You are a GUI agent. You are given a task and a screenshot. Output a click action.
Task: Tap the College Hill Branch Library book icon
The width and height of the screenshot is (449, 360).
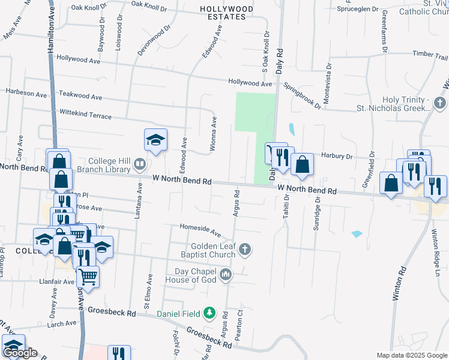pos(139,163)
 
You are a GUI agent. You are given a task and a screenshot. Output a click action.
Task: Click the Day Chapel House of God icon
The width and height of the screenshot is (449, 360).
pos(226,275)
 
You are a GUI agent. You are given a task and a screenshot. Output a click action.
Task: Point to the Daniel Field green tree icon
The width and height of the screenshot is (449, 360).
pos(209,313)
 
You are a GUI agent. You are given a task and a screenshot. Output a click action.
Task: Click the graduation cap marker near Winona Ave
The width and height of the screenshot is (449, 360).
pos(155,141)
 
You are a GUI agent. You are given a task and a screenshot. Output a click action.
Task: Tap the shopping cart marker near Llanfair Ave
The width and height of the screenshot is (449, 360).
pos(88,277)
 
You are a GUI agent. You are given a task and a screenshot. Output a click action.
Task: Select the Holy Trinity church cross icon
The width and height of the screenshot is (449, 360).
pos(441,103)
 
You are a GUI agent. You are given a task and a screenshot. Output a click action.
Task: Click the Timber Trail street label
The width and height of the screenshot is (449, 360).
pos(430,55)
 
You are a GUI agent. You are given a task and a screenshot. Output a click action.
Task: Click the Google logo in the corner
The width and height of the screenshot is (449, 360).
pos(20,353)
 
